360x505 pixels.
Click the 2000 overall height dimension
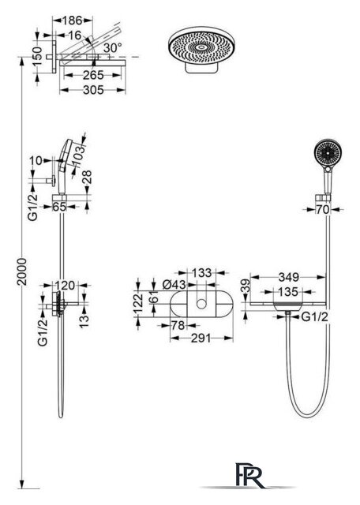click(x=22, y=271)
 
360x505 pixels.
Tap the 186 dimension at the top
click(x=72, y=21)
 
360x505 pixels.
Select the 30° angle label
click(x=112, y=48)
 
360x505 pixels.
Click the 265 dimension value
click(x=93, y=76)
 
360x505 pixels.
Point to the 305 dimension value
click(x=93, y=90)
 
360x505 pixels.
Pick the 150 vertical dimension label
click(x=37, y=57)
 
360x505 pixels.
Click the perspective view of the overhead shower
click(x=202, y=50)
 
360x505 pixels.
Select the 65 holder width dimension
click(x=59, y=207)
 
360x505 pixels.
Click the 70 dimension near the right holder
click(x=322, y=210)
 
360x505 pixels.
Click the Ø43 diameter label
click(x=174, y=285)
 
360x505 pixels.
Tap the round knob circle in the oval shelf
click(x=202, y=304)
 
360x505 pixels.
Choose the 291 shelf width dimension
click(x=201, y=339)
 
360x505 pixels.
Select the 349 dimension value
click(x=288, y=277)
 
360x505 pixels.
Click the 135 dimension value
click(x=288, y=292)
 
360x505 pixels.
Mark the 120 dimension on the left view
click(x=65, y=286)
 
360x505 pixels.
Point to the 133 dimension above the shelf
click(x=202, y=273)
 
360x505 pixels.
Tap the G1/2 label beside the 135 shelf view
click(x=314, y=317)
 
